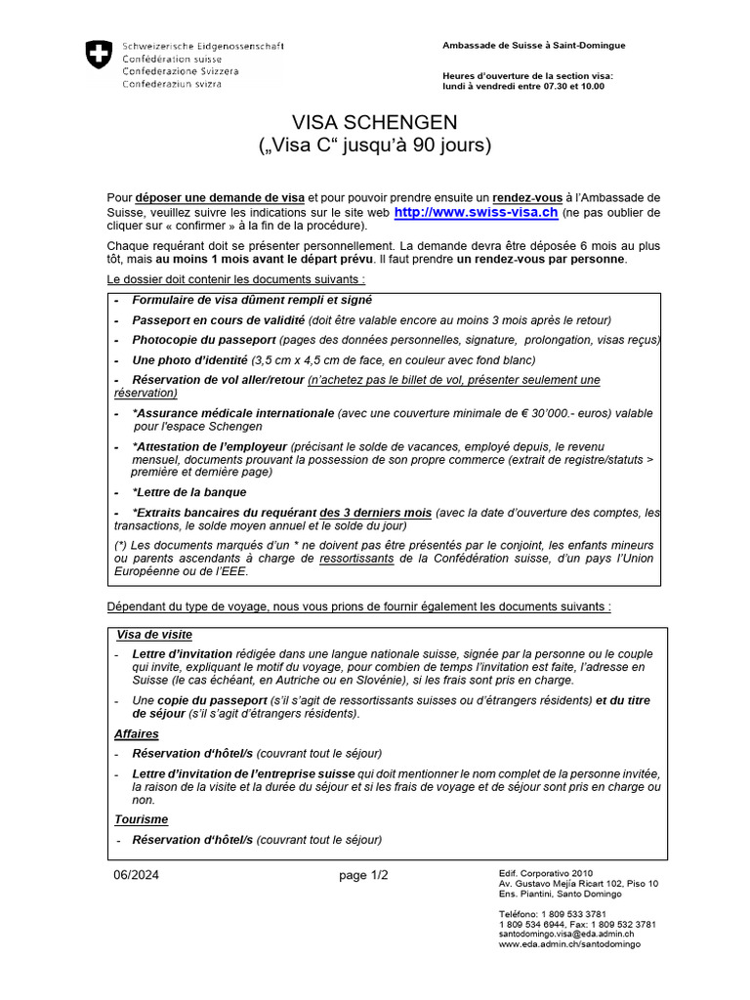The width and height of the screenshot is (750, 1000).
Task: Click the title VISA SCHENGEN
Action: coord(374,122)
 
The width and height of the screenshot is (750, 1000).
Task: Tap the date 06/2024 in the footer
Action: coord(133,875)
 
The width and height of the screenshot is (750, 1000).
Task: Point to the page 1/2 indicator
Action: coord(363,875)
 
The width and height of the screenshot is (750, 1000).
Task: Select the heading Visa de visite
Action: coord(154,635)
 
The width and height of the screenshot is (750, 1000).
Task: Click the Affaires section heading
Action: coord(137,733)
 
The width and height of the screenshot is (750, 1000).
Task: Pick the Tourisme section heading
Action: coord(141,819)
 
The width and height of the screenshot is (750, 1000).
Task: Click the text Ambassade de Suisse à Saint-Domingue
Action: coord(533,46)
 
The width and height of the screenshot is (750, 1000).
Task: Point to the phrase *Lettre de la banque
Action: coord(188,492)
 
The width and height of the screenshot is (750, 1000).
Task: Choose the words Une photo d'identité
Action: coord(191,359)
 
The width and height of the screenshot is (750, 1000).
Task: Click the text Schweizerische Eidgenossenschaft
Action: coord(203,47)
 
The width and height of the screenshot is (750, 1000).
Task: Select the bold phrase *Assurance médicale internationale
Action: coord(232,413)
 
